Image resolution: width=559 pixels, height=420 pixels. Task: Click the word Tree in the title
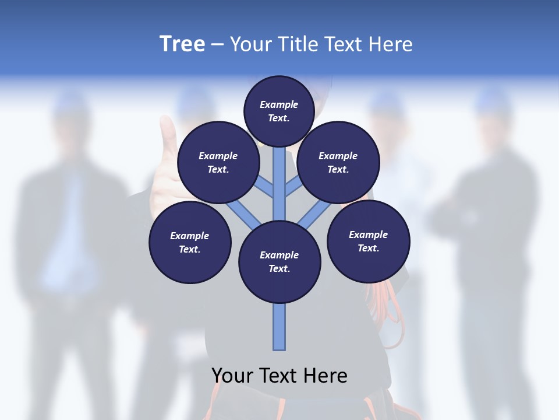182,44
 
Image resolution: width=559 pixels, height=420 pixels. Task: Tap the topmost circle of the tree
279,111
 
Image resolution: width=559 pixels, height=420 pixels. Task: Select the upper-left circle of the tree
218,162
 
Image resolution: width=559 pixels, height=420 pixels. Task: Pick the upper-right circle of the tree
338,162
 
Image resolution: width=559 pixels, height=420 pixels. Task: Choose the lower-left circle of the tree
190,242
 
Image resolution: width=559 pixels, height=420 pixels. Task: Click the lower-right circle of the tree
368,241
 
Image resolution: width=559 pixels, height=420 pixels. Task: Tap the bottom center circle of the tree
279,261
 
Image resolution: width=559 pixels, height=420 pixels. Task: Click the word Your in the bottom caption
231,376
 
